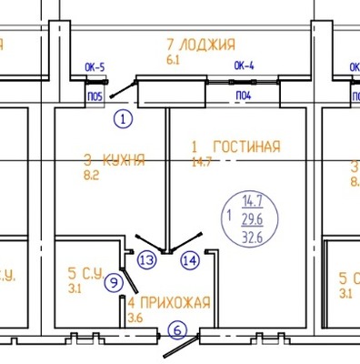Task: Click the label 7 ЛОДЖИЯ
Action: coord(200,44)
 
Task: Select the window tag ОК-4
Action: coord(244,66)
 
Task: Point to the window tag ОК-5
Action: coord(95,66)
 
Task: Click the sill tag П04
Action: coord(244,95)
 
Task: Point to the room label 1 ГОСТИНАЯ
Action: coord(235,147)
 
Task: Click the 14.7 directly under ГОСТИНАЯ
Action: coord(199,163)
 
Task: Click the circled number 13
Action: coord(147,259)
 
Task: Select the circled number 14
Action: coord(189,259)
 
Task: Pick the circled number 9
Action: coord(113,282)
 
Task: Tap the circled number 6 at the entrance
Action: coord(178,330)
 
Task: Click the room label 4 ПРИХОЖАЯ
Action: coord(168,302)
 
